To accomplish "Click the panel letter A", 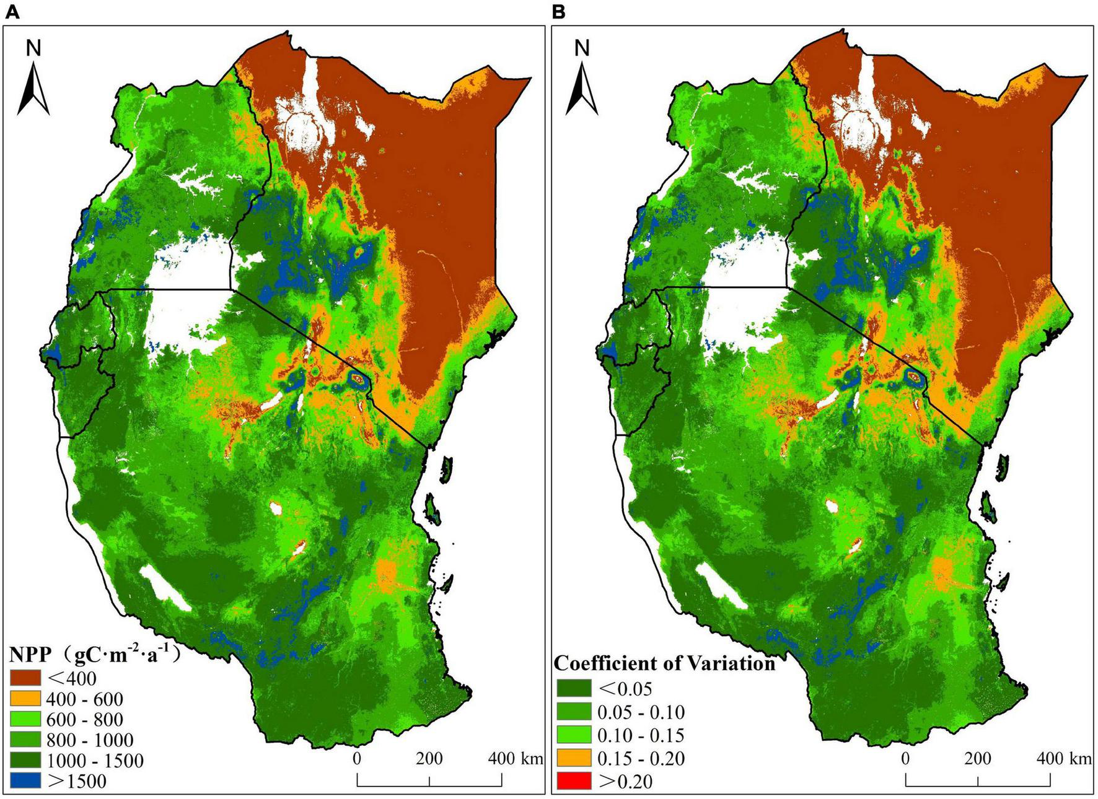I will pyautogui.click(x=12, y=12).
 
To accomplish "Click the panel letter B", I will pyautogui.click(x=558, y=12).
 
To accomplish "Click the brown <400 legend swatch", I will pyautogui.click(x=25, y=678).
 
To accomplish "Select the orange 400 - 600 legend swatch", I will pyautogui.click(x=25, y=699).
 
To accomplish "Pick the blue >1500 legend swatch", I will pyautogui.click(x=25, y=780).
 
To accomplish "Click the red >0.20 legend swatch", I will pyautogui.click(x=574, y=780).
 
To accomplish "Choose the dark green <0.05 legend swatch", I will pyautogui.click(x=574, y=688).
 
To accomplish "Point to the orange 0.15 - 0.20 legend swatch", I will pyautogui.click(x=574, y=758).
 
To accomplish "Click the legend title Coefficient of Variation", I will pyautogui.click(x=664, y=663).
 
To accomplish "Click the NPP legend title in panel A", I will pyautogui.click(x=93, y=655).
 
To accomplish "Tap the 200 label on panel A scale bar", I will pyautogui.click(x=429, y=758).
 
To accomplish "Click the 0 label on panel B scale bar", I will pyautogui.click(x=907, y=758).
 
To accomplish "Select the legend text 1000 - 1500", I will pyautogui.click(x=94, y=761).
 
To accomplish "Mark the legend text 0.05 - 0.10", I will pyautogui.click(x=641, y=712).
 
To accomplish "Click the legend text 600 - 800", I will pyautogui.click(x=84, y=720).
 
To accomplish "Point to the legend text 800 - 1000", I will pyautogui.click(x=89, y=740).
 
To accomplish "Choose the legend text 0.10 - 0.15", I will pyautogui.click(x=641, y=735).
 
